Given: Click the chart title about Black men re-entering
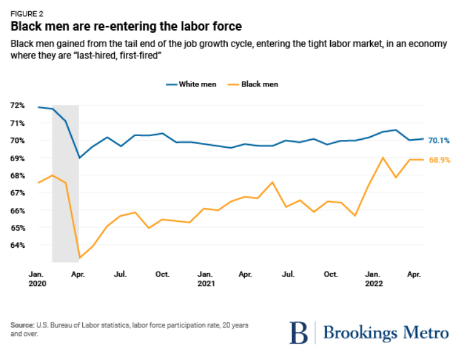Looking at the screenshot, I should (x=126, y=26).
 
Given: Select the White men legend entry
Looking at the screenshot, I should (x=196, y=84).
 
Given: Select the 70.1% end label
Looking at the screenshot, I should (x=439, y=140).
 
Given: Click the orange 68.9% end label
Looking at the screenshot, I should (x=439, y=160).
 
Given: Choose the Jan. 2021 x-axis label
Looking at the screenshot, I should (x=205, y=280).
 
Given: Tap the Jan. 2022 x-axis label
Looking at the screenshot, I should (x=373, y=280).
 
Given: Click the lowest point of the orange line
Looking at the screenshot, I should (x=79, y=258).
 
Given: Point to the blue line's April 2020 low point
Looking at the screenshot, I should (x=79, y=158).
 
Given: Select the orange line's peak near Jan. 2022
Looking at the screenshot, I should (x=383, y=158).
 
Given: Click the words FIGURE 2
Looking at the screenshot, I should (x=27, y=12).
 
